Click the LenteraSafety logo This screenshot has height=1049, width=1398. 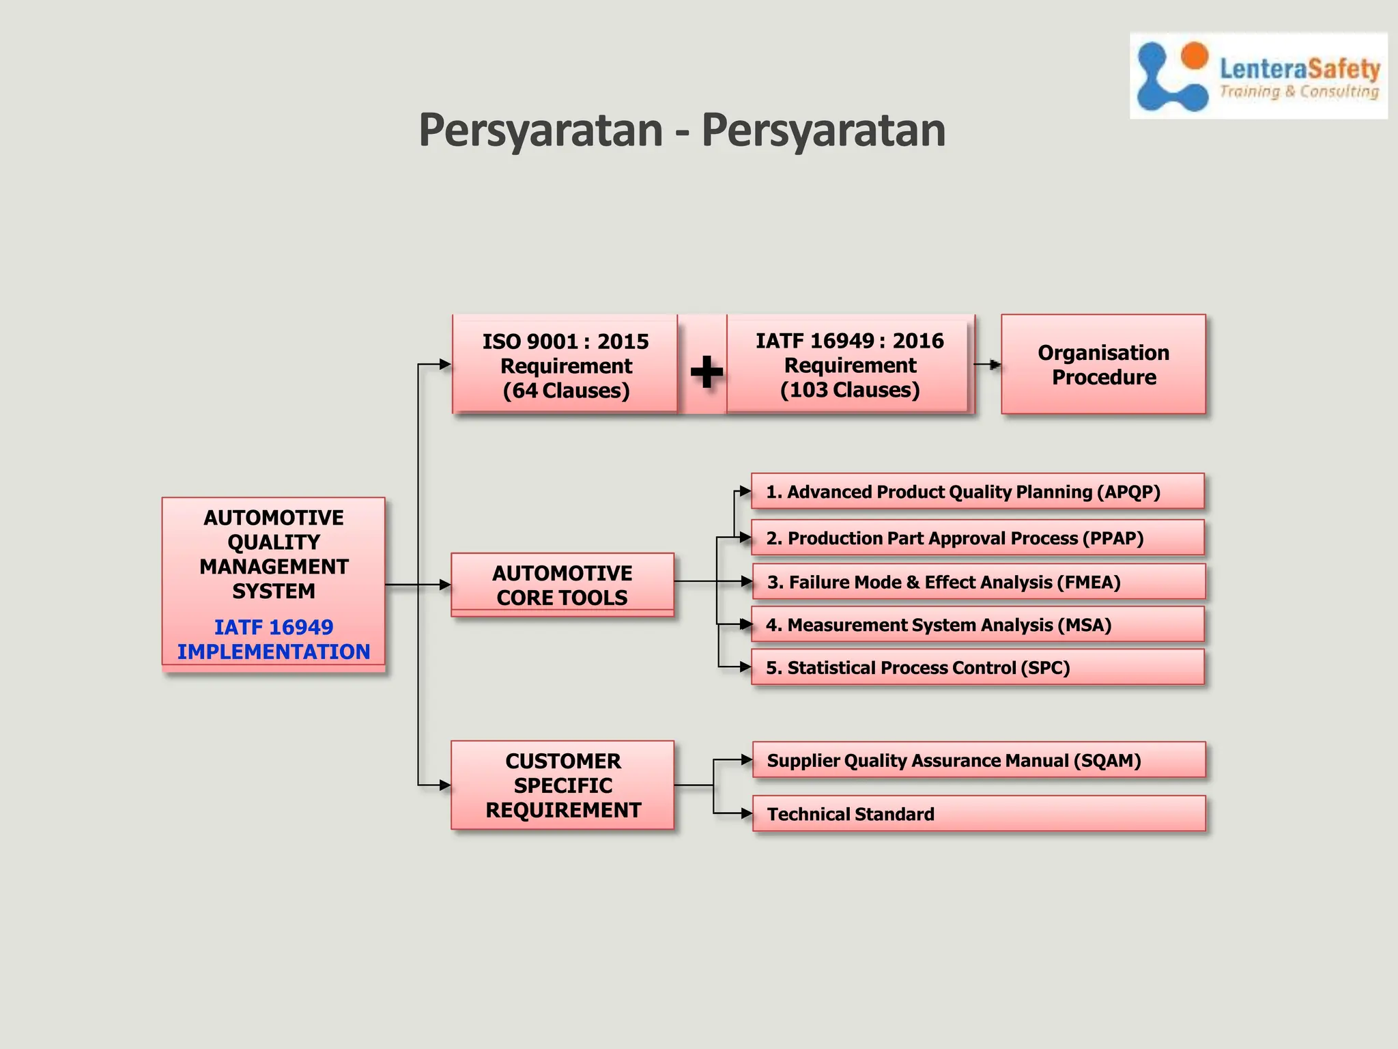click(1258, 76)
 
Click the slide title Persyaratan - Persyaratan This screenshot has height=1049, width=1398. click(681, 130)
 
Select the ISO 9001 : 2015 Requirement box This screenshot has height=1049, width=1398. click(565, 365)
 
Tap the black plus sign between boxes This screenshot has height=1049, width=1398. click(706, 372)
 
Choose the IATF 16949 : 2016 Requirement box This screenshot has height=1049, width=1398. click(849, 365)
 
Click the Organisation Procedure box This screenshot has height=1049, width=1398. click(1103, 365)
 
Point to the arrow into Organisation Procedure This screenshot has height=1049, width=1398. click(995, 365)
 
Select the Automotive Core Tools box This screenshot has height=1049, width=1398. click(562, 585)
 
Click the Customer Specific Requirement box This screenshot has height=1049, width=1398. click(562, 785)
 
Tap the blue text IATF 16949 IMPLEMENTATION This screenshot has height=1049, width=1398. click(274, 639)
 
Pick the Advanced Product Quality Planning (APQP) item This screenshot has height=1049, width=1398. click(978, 492)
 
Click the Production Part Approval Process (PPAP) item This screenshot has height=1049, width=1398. click(978, 538)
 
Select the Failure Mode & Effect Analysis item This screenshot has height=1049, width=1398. click(978, 582)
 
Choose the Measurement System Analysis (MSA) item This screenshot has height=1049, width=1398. click(978, 625)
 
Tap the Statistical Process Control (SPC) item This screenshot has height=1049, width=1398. click(978, 667)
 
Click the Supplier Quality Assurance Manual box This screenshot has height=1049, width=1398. click(979, 760)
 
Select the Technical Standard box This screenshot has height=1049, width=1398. click(979, 814)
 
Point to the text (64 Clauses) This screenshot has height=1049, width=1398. click(566, 391)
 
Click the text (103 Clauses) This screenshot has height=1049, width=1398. click(850, 390)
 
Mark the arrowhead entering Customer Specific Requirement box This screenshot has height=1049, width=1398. click(444, 785)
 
